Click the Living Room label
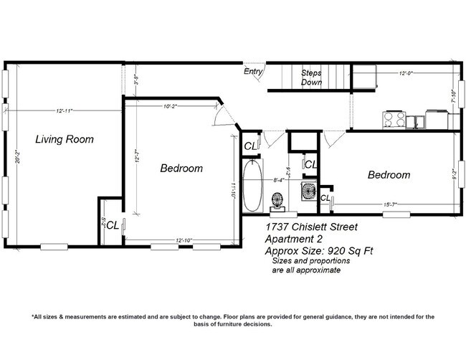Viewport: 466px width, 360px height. pos(65,139)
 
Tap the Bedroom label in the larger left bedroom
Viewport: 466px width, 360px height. pos(181,169)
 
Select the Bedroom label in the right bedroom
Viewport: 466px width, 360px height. pos(389,175)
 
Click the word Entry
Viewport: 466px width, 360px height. pos(253,72)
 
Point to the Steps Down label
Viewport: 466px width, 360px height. pos(311,78)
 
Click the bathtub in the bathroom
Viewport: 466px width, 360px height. pos(252,186)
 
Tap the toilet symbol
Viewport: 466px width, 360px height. pos(278,199)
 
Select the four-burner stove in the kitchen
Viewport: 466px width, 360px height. pos(394,119)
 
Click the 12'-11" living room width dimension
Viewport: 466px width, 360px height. pos(65,111)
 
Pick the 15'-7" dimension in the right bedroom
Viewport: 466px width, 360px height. pos(391,205)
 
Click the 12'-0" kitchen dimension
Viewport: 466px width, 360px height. pos(406,73)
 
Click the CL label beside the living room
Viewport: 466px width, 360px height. pos(113,224)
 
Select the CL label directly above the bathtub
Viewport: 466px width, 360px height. pos(249,147)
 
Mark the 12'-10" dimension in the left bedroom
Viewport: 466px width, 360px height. pos(184,240)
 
